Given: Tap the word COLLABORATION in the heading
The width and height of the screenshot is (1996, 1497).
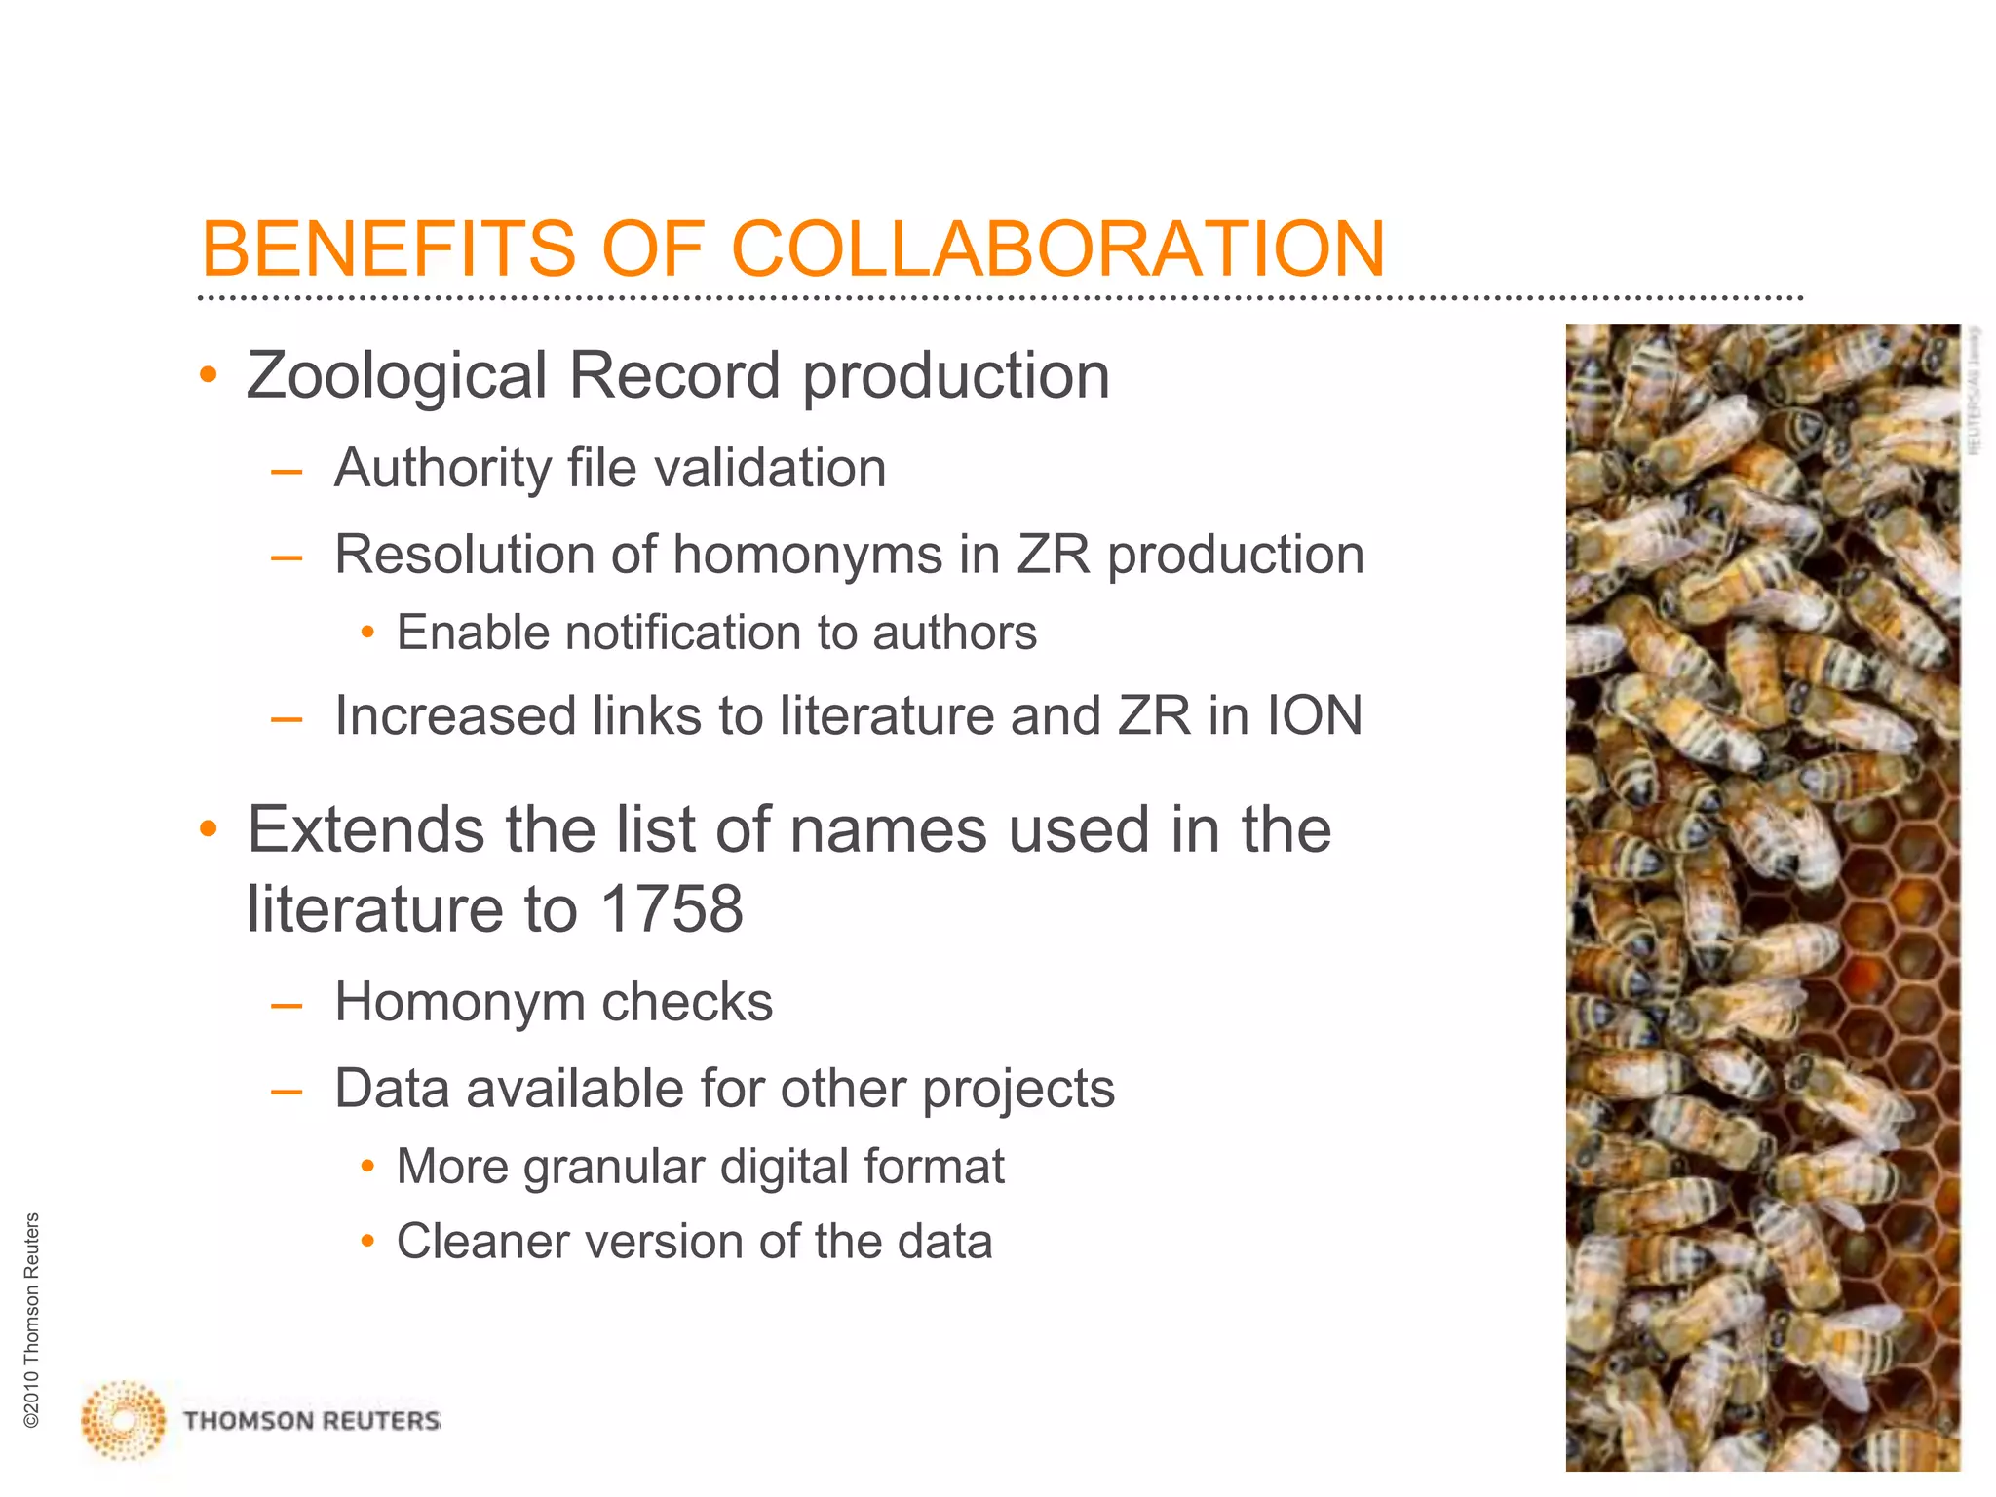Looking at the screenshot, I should (1057, 249).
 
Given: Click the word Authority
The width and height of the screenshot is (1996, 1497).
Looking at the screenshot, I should (441, 469).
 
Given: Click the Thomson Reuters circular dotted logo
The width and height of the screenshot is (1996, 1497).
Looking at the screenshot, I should (123, 1419).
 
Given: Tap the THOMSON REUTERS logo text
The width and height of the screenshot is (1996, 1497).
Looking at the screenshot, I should (312, 1421).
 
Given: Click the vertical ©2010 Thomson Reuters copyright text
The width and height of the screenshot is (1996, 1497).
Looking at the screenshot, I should (32, 1321).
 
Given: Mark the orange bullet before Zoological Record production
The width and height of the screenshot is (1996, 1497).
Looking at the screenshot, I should (208, 376).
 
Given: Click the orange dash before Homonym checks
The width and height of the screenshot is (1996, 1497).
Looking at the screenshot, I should (287, 1004).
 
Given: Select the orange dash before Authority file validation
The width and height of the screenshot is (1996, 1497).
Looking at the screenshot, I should (287, 471).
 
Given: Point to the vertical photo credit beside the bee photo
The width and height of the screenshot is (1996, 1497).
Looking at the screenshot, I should (1975, 390).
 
